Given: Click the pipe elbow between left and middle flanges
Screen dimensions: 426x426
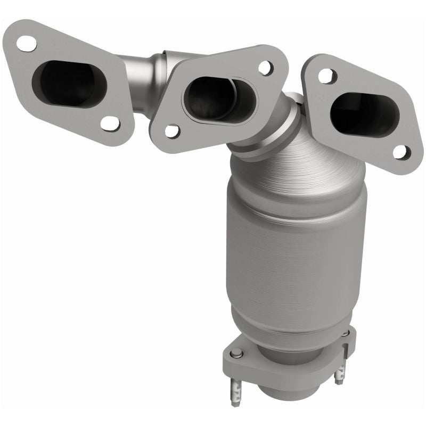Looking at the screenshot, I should [152, 69].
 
